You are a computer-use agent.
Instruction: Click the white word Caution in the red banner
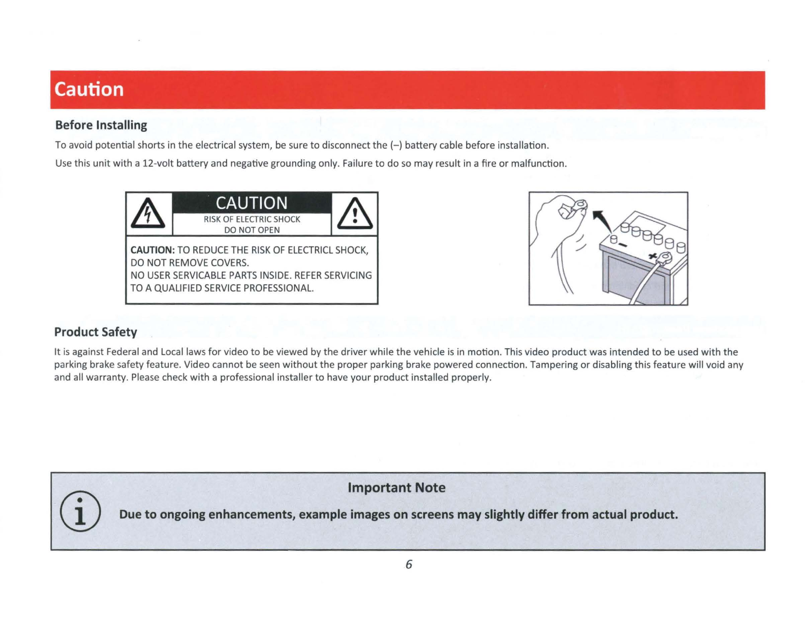point(89,89)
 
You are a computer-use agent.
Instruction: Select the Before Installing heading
point(101,125)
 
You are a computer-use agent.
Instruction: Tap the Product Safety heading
point(96,331)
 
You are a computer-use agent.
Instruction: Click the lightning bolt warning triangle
point(148,213)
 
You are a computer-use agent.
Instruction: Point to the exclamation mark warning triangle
point(355,214)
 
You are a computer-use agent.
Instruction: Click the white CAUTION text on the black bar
point(252,203)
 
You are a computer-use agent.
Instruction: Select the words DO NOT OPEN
point(252,230)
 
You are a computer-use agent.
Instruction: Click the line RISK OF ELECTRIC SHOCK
point(252,220)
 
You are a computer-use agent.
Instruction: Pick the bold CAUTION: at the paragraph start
point(152,250)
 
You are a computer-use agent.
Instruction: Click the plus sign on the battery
point(653,256)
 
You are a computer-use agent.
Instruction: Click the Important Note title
point(397,487)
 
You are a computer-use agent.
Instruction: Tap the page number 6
point(409,564)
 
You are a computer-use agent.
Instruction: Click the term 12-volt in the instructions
point(158,164)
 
